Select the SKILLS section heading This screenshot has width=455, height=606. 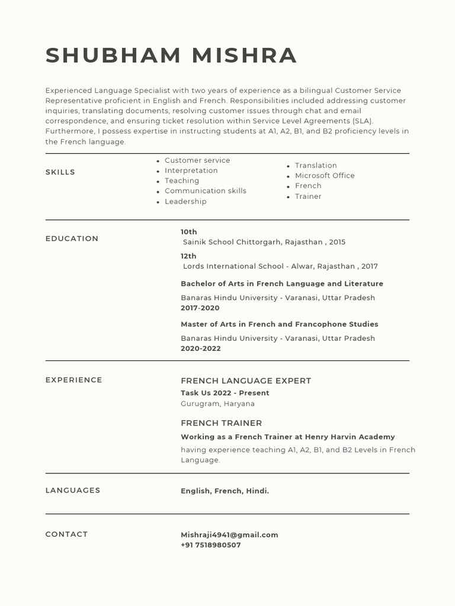[60, 172]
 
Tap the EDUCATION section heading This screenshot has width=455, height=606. [72, 238]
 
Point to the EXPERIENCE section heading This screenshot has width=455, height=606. [73, 380]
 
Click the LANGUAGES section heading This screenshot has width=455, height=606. [73, 490]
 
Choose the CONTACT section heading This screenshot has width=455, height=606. [66, 534]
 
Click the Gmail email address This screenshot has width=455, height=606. [229, 535]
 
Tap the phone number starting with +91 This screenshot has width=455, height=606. [211, 545]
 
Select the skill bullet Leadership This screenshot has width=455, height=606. [185, 202]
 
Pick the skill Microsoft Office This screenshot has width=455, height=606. [325, 176]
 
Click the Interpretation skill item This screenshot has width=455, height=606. [191, 170]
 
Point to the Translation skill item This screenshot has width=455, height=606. [316, 166]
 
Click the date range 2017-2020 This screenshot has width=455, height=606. [200, 308]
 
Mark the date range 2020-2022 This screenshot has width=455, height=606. [201, 349]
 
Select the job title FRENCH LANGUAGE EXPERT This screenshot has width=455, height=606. [246, 381]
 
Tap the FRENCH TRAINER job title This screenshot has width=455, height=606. [221, 423]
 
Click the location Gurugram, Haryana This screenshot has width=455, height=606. [217, 404]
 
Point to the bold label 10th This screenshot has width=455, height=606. [189, 232]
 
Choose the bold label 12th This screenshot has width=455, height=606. [188, 256]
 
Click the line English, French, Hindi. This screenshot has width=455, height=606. [225, 491]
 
